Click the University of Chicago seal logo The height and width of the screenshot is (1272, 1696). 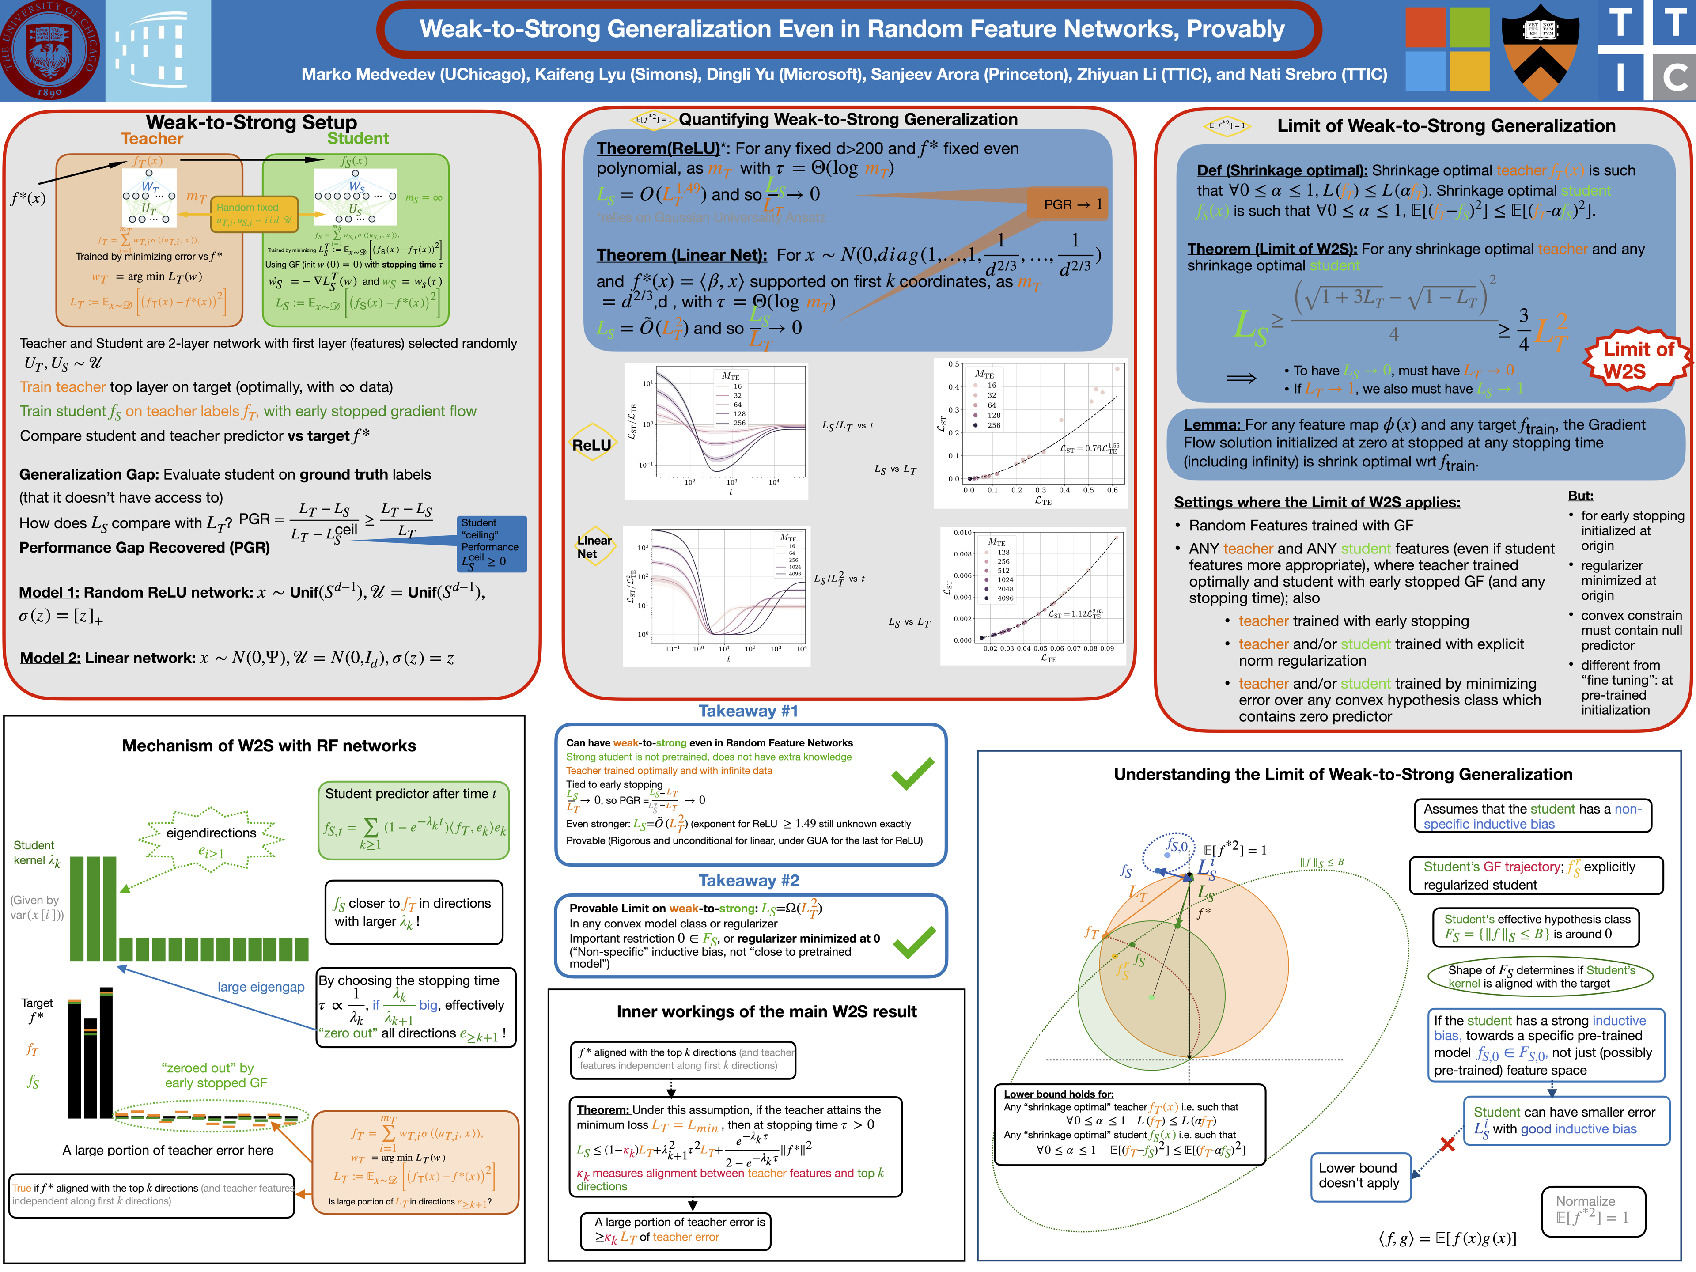51,51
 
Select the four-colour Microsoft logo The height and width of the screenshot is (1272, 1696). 1447,51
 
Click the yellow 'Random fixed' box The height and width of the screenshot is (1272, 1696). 254,214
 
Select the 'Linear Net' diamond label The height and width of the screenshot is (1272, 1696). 594,547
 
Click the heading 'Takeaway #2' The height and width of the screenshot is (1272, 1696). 748,880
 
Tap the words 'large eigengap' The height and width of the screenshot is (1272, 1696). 261,987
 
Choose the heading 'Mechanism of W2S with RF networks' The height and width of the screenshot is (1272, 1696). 269,745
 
